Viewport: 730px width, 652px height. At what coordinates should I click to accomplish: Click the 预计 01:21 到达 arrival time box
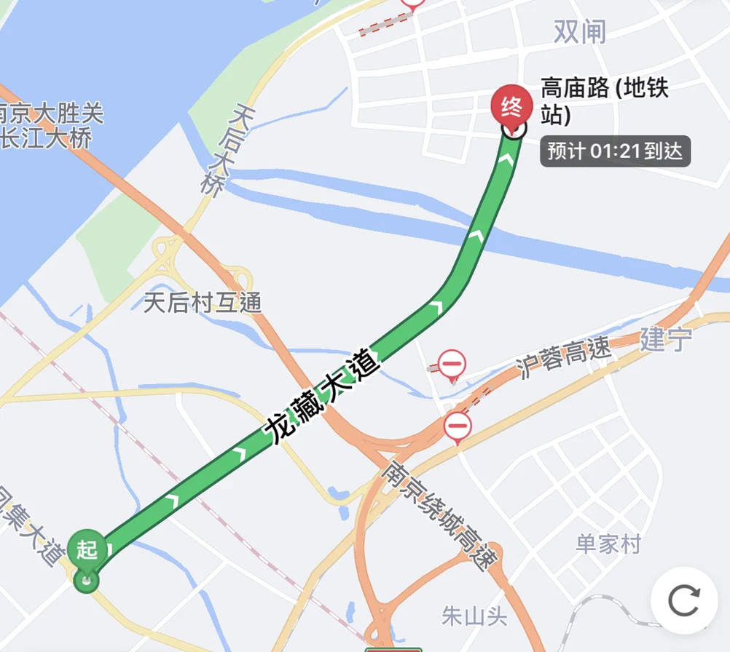pos(614,151)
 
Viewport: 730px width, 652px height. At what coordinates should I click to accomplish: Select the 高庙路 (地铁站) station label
pos(604,102)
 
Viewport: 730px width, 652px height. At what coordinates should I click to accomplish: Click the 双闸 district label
pos(580,31)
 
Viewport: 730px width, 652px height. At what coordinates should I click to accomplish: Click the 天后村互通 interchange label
pos(202,302)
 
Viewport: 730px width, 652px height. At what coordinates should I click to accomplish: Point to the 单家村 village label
pos(608,544)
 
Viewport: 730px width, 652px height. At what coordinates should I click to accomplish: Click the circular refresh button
pos(683,600)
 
